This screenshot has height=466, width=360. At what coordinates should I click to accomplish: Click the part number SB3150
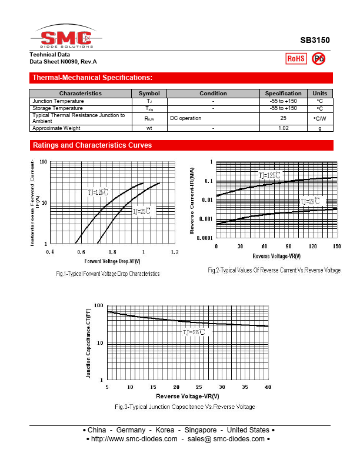click(315, 41)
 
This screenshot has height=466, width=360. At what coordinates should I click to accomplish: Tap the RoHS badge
click(295, 58)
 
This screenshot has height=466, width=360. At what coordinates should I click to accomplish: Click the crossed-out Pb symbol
click(318, 58)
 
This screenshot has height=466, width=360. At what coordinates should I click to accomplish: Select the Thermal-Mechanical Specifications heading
click(92, 78)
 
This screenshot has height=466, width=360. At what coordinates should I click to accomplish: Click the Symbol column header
click(149, 94)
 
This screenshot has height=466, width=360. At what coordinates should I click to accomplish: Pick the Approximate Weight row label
click(56, 128)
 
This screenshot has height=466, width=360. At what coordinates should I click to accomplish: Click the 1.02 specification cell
click(283, 128)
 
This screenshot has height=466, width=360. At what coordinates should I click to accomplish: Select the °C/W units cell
click(319, 118)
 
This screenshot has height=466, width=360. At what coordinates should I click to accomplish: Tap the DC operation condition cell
click(186, 118)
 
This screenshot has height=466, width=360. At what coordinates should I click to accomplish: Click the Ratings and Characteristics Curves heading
click(92, 145)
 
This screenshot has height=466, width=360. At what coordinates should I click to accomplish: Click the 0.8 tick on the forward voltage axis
click(112, 252)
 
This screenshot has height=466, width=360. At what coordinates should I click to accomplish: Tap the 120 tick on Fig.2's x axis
click(313, 246)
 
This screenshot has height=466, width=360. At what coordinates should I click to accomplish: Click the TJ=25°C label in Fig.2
click(312, 201)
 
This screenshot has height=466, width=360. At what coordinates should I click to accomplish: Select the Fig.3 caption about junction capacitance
click(185, 407)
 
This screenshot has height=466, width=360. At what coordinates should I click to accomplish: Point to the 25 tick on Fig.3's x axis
click(199, 387)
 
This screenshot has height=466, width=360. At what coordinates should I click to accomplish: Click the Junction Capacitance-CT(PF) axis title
click(89, 342)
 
